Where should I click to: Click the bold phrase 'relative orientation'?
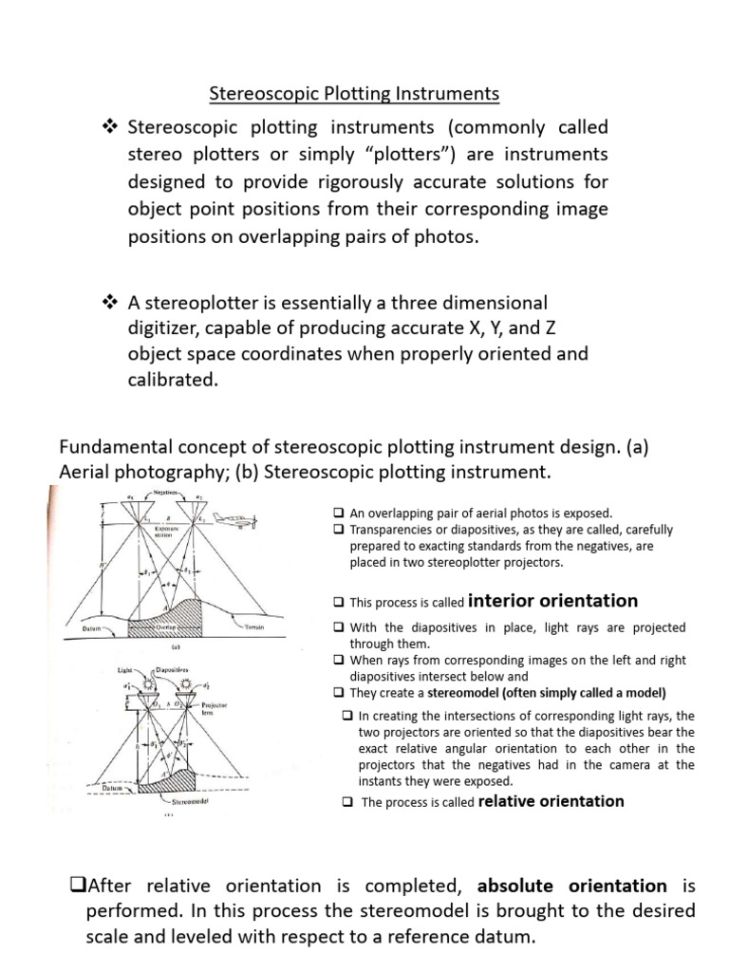coord(551,801)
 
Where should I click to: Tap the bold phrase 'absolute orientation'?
coord(571,886)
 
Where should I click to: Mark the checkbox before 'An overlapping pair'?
coord(338,513)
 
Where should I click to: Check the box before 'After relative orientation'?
coord(78,886)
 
